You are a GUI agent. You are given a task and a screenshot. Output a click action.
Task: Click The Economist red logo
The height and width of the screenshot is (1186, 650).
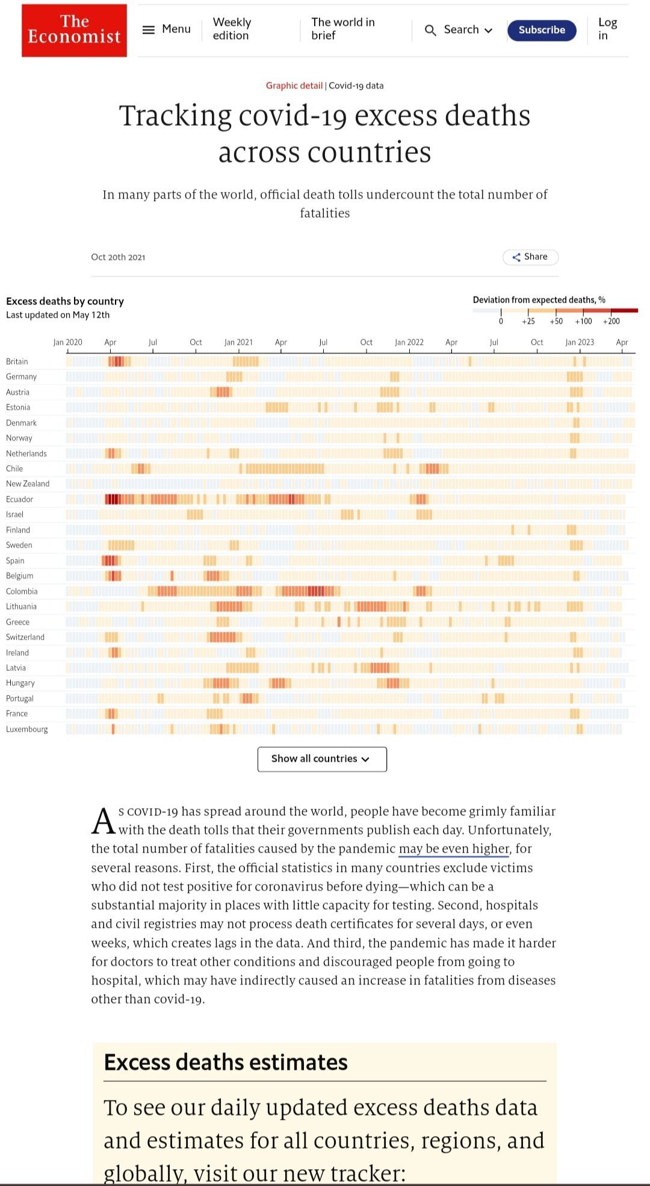pos(74,30)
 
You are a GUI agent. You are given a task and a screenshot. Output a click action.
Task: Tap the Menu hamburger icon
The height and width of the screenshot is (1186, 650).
pos(149,29)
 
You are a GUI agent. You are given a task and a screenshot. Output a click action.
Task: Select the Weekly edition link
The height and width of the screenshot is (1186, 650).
pos(232,29)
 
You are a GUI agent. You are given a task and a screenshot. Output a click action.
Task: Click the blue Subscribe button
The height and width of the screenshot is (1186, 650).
pos(542,30)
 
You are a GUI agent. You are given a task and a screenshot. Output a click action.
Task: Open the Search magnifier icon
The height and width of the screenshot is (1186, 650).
pos(430,30)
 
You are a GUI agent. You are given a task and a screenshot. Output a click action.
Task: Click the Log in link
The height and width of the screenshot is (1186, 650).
pos(607,29)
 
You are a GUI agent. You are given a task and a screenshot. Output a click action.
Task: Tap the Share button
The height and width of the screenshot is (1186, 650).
pos(530,257)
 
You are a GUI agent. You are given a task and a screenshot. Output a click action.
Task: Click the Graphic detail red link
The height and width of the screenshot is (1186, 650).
pos(294,85)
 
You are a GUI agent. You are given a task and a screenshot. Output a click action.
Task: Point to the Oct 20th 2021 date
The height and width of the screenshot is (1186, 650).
pos(118,257)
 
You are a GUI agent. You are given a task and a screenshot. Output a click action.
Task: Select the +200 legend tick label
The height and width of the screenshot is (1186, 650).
pos(611,321)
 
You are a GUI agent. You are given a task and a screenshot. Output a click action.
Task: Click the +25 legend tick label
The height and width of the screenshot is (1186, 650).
pos(528,321)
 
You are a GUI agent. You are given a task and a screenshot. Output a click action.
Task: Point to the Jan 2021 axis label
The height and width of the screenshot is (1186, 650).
pos(238,342)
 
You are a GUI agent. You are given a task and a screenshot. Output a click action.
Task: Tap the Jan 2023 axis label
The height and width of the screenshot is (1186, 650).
pos(580,342)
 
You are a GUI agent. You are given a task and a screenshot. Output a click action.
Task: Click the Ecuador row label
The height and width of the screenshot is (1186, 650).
pos(20,499)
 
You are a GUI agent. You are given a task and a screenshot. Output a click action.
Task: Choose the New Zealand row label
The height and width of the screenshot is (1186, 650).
pos(28,484)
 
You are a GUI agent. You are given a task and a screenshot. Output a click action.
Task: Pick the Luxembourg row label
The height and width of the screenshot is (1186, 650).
pos(27,729)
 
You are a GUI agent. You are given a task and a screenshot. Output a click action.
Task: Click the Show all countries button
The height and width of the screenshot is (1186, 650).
pos(322,759)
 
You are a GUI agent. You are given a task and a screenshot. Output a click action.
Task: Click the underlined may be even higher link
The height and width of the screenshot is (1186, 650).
pos(454,848)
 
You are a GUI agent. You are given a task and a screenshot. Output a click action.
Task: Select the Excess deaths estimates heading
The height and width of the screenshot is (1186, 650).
pos(226,1063)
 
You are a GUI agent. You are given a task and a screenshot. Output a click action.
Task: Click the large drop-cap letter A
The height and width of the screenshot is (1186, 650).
pos(103,821)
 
